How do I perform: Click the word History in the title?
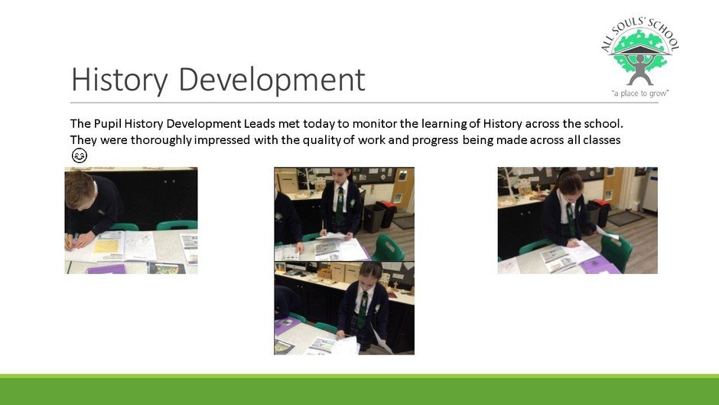[x=119, y=80]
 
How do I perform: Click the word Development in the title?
[x=272, y=80]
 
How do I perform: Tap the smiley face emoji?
[x=80, y=155]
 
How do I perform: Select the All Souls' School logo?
[x=640, y=58]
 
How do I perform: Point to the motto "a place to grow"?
[x=640, y=93]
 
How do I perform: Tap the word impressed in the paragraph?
[x=222, y=140]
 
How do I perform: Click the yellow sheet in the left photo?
[x=106, y=246]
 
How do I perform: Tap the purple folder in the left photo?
[x=106, y=269]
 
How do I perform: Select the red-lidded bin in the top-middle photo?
[x=386, y=214]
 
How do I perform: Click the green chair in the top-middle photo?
[x=388, y=248]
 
